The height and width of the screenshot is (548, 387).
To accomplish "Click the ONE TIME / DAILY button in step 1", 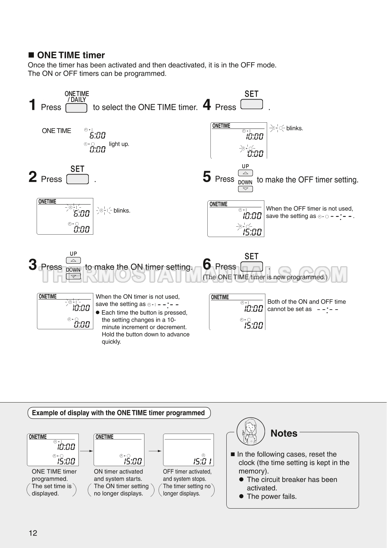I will coord(76,108).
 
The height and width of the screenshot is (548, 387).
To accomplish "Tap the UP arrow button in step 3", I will coord(73,261).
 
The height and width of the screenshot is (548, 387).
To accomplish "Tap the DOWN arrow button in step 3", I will coord(73,276).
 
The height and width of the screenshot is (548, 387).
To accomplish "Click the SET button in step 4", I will coord(252,104).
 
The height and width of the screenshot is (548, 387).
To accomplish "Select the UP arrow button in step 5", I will coord(245,173).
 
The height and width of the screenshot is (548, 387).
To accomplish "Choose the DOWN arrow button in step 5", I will coord(245,189).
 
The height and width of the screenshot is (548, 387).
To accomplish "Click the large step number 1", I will coord(32,105).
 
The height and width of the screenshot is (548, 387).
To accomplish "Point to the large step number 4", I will coord(207,105).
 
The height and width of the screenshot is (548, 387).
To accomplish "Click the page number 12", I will coord(33,533).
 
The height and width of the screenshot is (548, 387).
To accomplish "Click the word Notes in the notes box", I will coord(284,433).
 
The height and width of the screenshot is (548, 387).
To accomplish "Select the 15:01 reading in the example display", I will coord(202,461).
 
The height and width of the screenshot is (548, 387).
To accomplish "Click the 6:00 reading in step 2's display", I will coord(82,214).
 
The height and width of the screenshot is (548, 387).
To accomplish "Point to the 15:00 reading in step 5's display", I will coord(252,232).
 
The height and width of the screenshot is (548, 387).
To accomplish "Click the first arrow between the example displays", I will coord(86,451).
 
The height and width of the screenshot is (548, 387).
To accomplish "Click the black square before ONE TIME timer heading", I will coord(31,55).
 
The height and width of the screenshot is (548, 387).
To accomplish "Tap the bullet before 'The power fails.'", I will coord(242,497).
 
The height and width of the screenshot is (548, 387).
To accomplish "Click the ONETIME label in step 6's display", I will coord(220,297).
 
